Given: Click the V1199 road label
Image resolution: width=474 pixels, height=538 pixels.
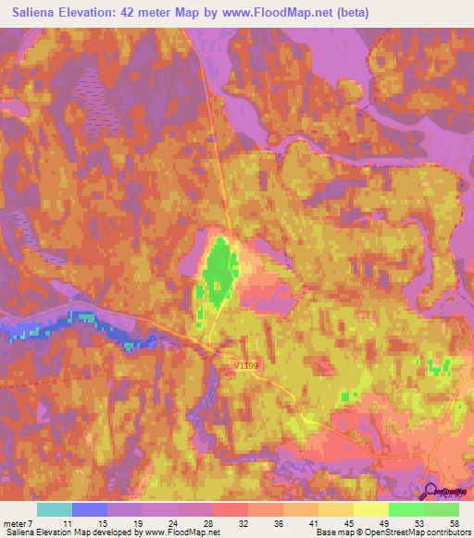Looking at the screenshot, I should click(245, 366).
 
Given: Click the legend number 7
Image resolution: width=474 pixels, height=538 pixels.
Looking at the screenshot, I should click(31, 522).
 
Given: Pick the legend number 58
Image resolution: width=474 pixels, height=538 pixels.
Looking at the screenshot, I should click(455, 522).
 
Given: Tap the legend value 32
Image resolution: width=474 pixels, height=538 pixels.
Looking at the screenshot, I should click(243, 522).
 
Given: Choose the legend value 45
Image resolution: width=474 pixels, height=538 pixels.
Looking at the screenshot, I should click(350, 522).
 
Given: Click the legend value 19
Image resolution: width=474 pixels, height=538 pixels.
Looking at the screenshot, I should click(137, 522).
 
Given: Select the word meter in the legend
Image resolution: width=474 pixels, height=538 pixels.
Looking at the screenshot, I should click(14, 522).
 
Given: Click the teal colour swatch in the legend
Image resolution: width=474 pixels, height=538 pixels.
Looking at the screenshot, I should click(55, 509).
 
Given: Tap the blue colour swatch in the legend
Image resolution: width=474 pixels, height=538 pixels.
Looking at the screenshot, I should click(90, 509).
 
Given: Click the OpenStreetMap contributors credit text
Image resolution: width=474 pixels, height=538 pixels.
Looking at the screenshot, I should click(422, 532).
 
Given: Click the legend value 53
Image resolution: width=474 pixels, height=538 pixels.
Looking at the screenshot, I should click(420, 522).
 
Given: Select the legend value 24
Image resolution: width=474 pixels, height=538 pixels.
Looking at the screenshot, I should click(172, 522).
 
